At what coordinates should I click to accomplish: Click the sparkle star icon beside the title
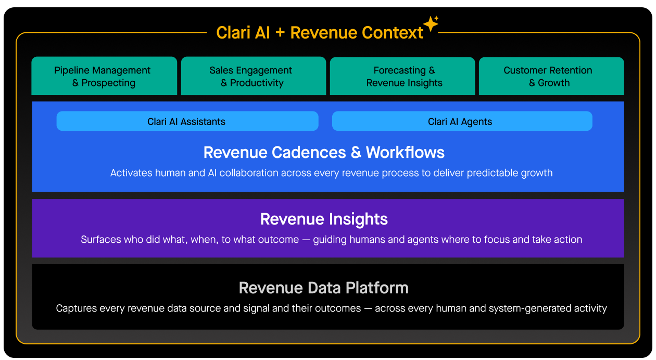[431, 23]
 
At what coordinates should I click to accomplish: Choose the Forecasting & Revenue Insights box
[402, 76]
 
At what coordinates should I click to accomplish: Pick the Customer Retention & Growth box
[551, 76]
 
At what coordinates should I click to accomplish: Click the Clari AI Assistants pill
[187, 121]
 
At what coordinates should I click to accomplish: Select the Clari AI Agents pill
[462, 121]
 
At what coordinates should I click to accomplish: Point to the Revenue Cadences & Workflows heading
[324, 152]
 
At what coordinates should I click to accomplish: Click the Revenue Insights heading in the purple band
[324, 219]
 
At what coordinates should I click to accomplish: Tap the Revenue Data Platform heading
[323, 288]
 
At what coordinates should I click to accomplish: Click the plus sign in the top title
[280, 33]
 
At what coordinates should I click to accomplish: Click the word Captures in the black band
[75, 308]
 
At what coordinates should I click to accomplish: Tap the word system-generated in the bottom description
[528, 308]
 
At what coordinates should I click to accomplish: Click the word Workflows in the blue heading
[405, 152]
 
